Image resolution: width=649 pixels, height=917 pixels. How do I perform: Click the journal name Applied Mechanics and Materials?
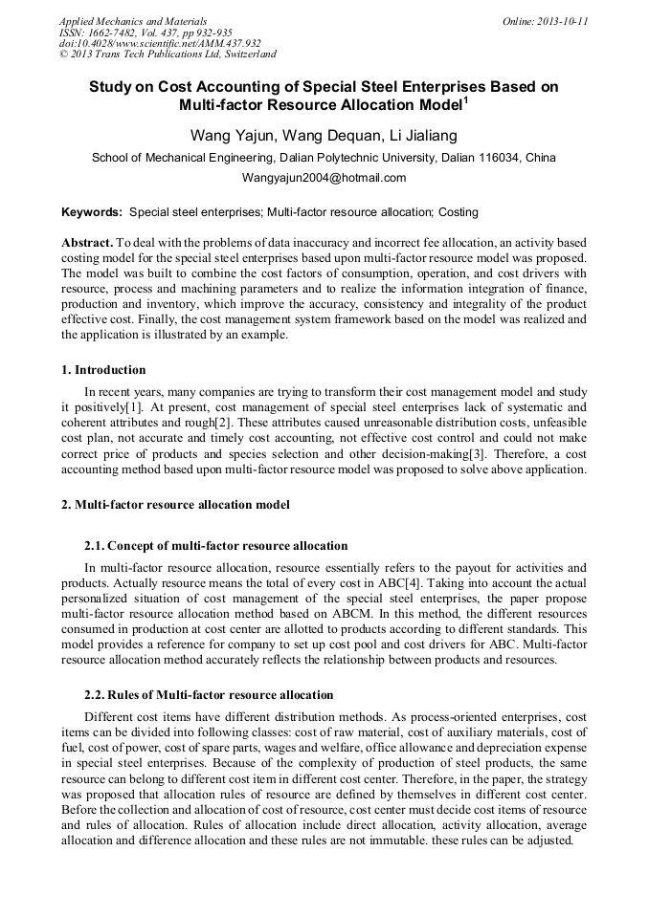click(133, 20)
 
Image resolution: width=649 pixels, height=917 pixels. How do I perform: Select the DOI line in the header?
click(160, 43)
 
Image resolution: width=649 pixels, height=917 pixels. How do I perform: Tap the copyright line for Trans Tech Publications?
click(168, 55)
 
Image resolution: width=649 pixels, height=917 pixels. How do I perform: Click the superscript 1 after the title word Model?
click(465, 98)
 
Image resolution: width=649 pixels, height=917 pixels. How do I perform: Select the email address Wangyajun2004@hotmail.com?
click(324, 178)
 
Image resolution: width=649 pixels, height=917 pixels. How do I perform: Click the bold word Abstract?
click(86, 243)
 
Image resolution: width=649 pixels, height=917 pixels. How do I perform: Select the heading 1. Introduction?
click(103, 370)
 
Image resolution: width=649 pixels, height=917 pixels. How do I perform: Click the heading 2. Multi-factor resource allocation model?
click(175, 504)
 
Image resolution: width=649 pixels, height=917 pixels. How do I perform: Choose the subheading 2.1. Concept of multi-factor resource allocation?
click(216, 546)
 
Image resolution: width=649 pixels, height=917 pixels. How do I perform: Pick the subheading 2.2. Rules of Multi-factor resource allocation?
click(209, 695)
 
